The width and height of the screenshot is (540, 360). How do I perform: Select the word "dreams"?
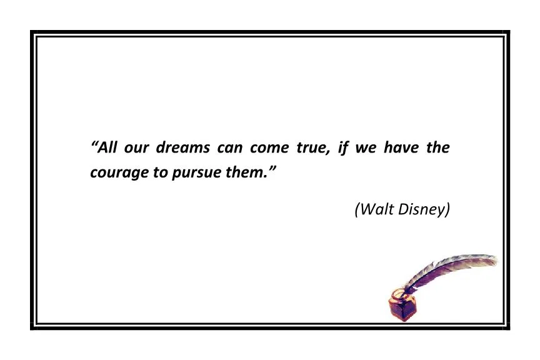[x=182, y=149]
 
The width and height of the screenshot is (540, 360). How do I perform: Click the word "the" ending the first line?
[x=437, y=149]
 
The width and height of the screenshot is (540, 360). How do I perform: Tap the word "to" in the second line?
[x=161, y=172]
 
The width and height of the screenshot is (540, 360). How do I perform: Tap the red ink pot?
[x=401, y=306]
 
